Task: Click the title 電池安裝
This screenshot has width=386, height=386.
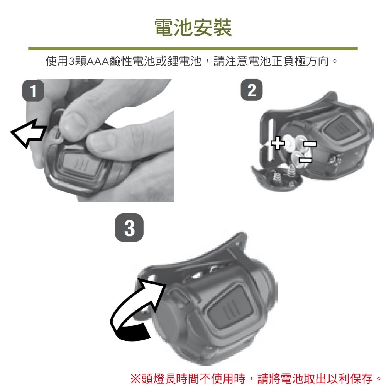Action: (193, 27)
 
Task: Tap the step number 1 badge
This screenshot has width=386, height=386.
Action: (33, 90)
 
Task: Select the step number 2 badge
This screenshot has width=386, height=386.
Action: (252, 90)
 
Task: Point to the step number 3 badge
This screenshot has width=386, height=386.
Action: (129, 228)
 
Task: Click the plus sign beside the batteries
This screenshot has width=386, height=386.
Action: (278, 143)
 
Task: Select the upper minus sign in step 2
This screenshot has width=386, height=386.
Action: (310, 143)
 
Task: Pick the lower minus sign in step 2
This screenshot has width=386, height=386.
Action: (305, 160)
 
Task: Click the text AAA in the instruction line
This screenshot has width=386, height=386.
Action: (98, 61)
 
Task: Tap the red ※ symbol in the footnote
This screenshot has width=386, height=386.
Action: (135, 378)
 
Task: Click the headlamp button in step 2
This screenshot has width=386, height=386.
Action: (339, 129)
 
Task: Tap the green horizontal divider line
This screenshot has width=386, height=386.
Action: (193, 49)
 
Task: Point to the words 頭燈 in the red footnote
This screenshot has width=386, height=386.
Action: (152, 379)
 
